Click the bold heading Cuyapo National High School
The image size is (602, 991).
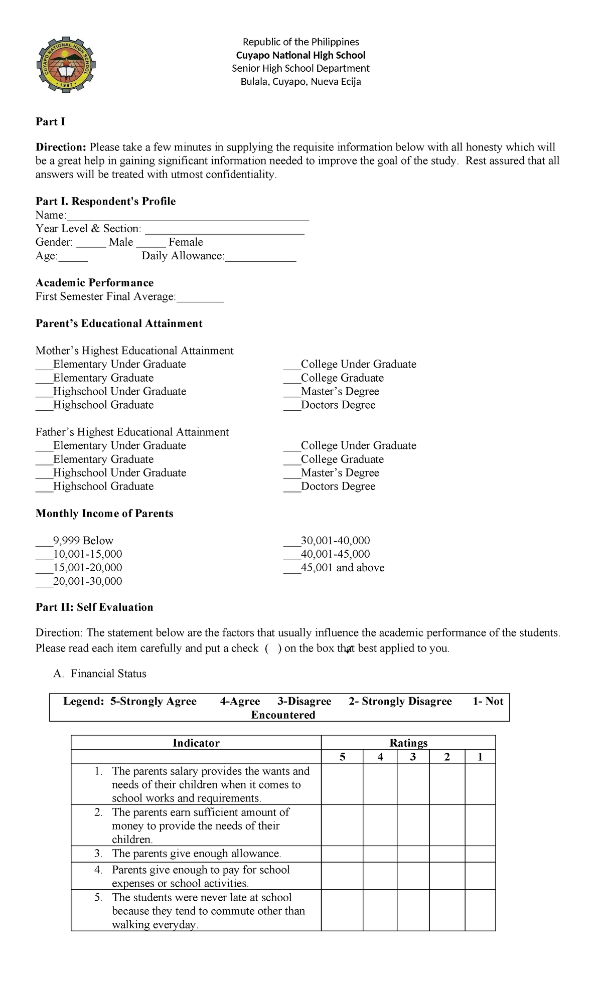point(300,55)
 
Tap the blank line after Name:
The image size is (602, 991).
point(188,216)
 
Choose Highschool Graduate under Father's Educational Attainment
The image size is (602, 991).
point(44,487)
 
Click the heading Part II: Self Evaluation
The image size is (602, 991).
point(94,607)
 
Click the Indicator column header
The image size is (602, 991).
point(196,743)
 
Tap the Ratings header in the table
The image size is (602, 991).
point(408,743)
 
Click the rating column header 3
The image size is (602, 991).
point(413,757)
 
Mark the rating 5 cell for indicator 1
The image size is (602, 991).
point(342,784)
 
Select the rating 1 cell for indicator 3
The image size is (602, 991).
point(480,854)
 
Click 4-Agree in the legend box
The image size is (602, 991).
point(240,701)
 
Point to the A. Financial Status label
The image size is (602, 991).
point(100,674)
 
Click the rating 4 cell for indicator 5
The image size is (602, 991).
point(380,910)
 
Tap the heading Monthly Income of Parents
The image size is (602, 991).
point(104,514)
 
